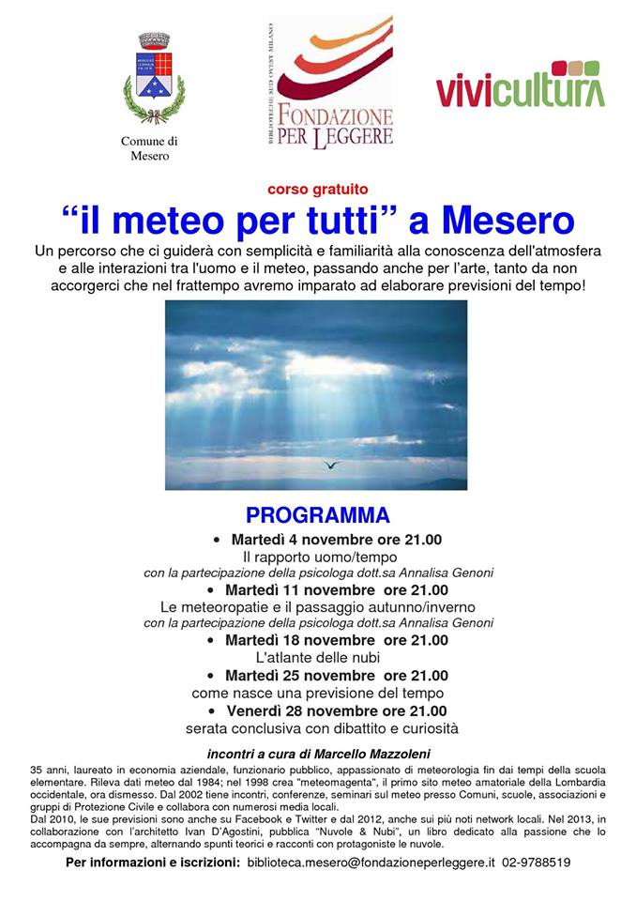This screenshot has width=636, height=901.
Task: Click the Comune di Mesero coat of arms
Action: click(154, 79)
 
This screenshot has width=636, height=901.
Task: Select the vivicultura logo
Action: click(520, 86)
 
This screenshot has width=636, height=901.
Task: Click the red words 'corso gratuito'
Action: click(317, 188)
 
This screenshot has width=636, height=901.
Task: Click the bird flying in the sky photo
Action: click(329, 463)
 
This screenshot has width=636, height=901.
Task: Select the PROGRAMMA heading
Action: click(317, 515)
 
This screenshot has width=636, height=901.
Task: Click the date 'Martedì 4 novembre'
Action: click(295, 540)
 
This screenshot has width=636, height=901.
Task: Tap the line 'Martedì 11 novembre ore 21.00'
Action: click(337, 590)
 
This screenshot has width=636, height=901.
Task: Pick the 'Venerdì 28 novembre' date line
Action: click(337, 710)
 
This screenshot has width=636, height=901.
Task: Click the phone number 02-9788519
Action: click(537, 862)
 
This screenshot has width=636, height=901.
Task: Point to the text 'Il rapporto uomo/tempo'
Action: click(317, 557)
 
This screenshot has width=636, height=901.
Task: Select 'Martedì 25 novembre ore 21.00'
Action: click(337, 676)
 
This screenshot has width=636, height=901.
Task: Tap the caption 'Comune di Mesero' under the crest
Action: click(149, 148)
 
